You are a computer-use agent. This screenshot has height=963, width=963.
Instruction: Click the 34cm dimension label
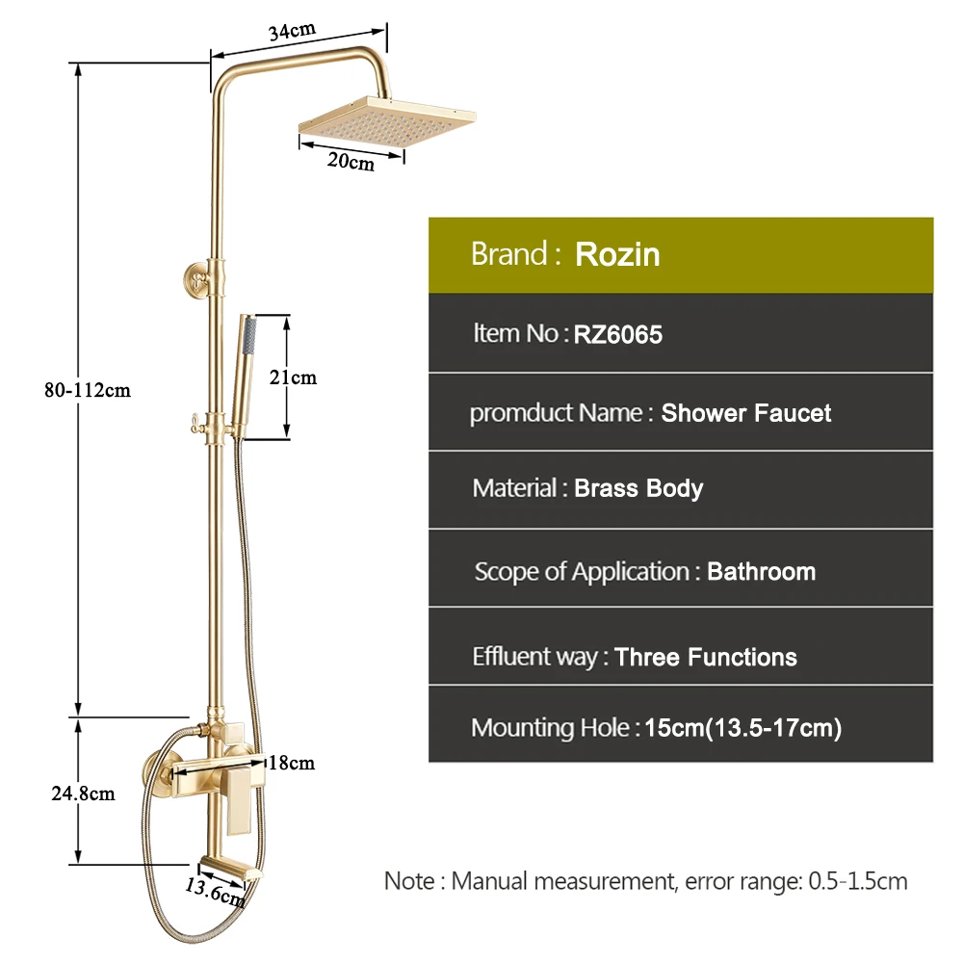291,31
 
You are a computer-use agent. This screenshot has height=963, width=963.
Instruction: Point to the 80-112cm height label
93,390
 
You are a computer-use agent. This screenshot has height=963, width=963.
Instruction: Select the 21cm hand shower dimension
293,377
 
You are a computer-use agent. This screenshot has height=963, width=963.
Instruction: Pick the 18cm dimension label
292,764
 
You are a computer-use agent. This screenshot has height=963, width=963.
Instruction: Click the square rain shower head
385,120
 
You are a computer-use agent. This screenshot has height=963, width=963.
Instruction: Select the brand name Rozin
617,255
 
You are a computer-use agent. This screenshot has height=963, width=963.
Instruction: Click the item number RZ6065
618,335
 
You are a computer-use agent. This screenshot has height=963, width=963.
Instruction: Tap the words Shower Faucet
745,414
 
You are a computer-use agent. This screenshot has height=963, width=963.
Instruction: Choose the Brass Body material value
638,488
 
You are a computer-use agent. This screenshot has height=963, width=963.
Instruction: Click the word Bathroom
761,572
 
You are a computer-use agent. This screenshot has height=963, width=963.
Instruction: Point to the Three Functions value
706,658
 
